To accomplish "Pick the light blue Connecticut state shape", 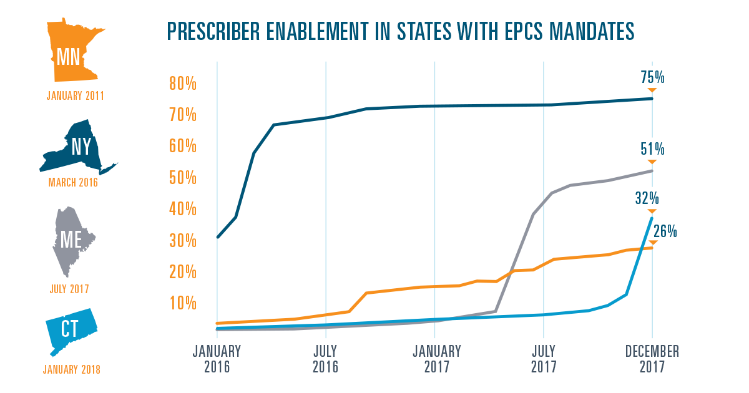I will pyautogui.click(x=70, y=331).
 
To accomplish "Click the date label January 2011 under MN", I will pyautogui.click(x=75, y=96).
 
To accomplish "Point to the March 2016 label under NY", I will pyautogui.click(x=73, y=183).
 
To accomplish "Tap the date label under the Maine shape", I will pyautogui.click(x=69, y=289).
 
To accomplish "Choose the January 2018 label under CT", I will pyautogui.click(x=72, y=369).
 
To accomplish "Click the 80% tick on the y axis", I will pyautogui.click(x=183, y=84).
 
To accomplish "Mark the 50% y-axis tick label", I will pyautogui.click(x=183, y=178).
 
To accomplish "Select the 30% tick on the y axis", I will pyautogui.click(x=183, y=241).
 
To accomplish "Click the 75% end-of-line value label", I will pyautogui.click(x=653, y=78).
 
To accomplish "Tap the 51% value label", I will pyautogui.click(x=653, y=149).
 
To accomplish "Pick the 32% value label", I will pyautogui.click(x=648, y=198).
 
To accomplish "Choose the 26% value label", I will pyautogui.click(x=665, y=231).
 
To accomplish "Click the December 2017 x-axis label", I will pyautogui.click(x=652, y=359).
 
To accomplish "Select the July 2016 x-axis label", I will pyautogui.click(x=326, y=359).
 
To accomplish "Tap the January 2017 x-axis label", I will pyautogui.click(x=436, y=359).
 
